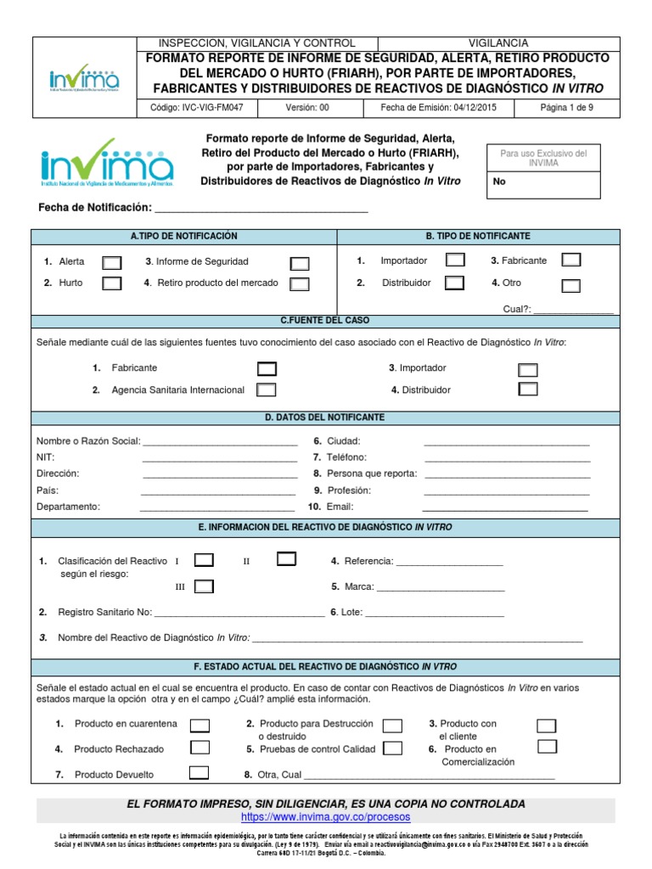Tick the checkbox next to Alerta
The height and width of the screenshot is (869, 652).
point(111,262)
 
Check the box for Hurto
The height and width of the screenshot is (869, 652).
point(111,283)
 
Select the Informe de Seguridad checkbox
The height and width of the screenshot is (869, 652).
point(299,263)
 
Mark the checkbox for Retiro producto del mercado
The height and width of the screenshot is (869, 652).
point(299,284)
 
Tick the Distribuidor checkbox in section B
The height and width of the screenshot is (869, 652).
point(454,283)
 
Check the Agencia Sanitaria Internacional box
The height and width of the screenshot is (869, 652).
point(266,390)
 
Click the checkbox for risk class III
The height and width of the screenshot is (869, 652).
point(204,586)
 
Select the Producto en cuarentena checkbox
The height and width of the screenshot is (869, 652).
point(200,725)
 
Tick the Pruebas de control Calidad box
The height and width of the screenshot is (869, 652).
point(391,748)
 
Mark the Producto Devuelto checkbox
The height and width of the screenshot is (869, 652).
point(199,772)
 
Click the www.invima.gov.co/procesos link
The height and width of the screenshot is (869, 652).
point(325,816)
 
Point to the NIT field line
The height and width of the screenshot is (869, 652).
point(219,459)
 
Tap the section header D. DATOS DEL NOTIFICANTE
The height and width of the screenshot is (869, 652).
point(325,418)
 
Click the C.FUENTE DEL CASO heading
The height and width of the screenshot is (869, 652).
point(325,321)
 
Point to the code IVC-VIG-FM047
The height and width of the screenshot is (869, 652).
point(196,108)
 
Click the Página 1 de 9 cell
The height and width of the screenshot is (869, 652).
point(567,108)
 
